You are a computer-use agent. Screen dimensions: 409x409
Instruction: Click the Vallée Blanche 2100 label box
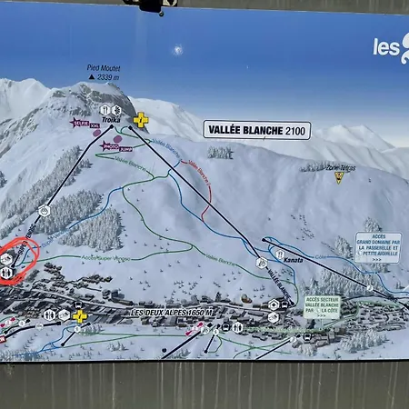[x=256, y=130]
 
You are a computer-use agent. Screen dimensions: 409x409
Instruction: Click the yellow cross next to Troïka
[x=141, y=119]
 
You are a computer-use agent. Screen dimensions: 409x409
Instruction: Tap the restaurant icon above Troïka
[x=105, y=110]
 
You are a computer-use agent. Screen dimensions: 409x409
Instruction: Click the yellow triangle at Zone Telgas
[x=339, y=178]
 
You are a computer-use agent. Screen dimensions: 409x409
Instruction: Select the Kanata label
[x=293, y=261]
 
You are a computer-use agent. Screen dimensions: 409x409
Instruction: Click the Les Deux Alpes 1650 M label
[x=172, y=313]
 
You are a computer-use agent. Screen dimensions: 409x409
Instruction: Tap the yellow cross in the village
[x=80, y=315]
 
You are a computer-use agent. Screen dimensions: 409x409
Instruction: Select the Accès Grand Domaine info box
[x=378, y=246]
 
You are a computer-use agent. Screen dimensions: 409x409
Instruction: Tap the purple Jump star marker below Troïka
[x=112, y=145]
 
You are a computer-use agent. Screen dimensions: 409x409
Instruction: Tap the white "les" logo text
[x=386, y=47]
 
